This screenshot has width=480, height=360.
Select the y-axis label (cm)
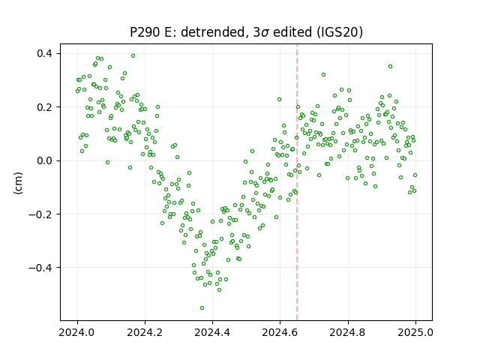18,183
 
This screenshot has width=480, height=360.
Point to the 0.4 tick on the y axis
45,53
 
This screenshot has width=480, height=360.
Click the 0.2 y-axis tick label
45,107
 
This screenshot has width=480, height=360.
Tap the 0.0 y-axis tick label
45,160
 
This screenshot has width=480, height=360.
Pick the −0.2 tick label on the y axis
40,214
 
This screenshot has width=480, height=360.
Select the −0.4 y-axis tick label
40,268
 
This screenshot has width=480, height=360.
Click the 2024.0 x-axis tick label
77,332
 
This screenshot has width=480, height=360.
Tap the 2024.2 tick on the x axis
145,332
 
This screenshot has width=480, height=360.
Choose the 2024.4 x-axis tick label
212,332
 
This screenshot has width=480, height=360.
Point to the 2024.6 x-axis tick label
280,332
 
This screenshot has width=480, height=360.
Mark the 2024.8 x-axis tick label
348,332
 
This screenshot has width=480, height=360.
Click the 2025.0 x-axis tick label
415,332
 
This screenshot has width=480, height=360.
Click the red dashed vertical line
297,182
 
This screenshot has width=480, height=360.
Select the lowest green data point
202,308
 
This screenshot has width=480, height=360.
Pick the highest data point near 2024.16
133,56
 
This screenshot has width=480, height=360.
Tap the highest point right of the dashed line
390,67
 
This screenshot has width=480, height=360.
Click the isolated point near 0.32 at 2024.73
323,75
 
